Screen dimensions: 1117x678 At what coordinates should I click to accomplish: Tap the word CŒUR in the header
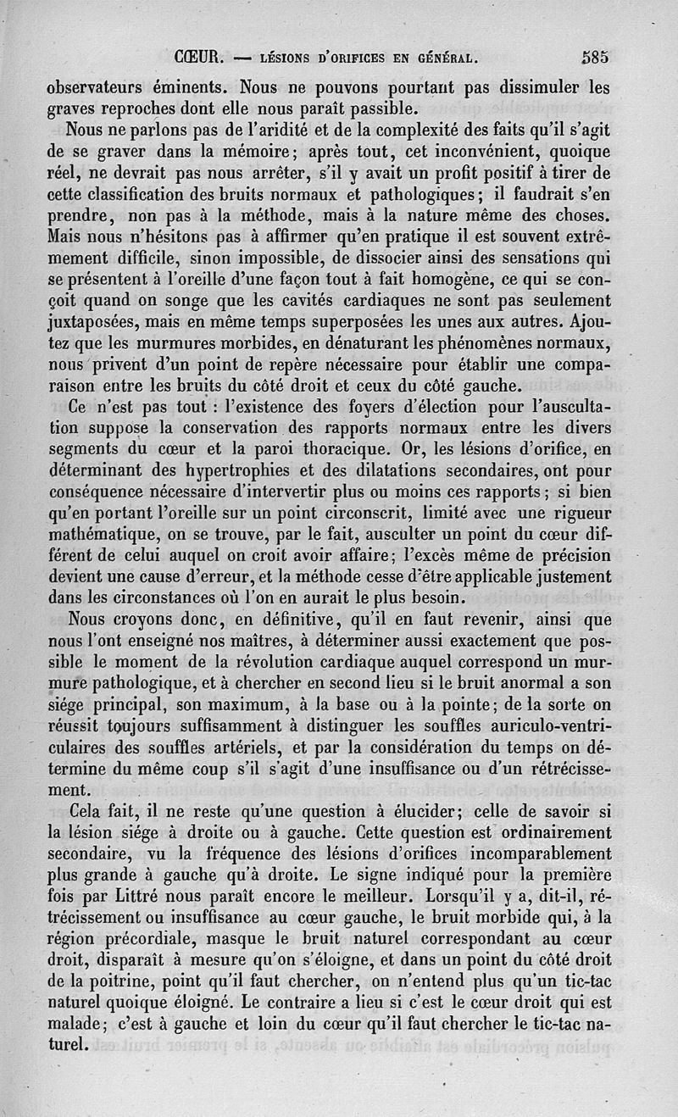point(197,59)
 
